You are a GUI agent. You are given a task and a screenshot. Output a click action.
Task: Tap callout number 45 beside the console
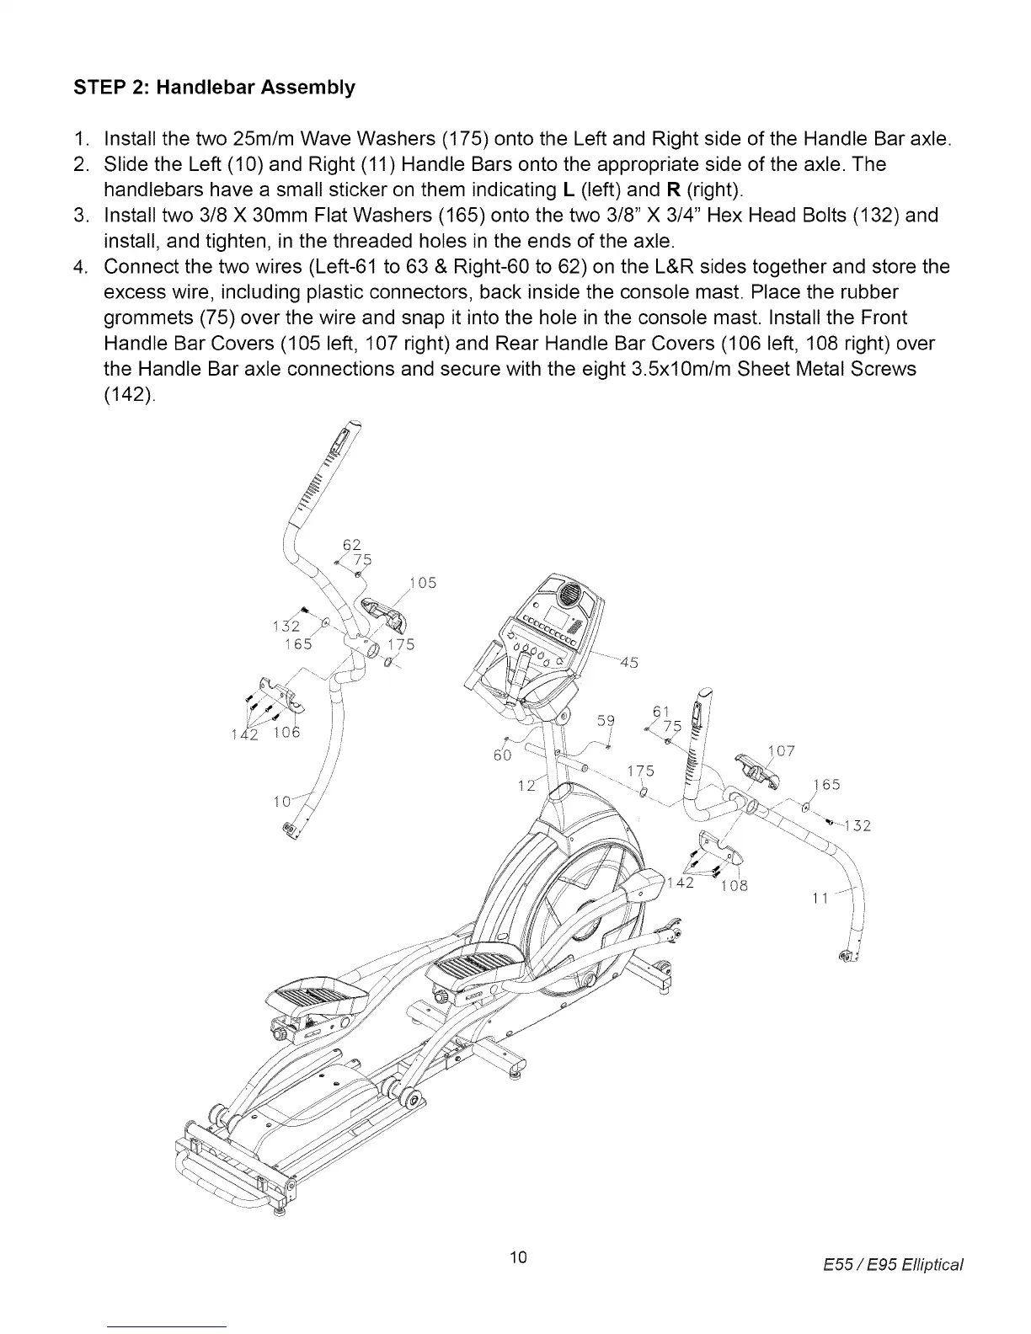[x=627, y=661]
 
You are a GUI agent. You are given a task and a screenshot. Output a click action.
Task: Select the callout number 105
[x=422, y=583]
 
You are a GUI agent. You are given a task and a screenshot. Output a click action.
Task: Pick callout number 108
[x=733, y=885]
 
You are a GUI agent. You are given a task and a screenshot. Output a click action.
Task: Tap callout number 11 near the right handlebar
[x=820, y=899]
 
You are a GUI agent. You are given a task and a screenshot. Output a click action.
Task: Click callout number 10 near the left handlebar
[x=283, y=802]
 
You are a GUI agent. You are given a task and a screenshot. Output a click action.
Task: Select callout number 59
[x=606, y=720]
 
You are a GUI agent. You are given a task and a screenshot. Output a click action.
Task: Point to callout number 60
[x=502, y=755]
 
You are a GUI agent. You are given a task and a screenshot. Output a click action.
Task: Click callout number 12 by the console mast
[x=526, y=785]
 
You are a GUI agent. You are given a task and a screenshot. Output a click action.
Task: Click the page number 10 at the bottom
[x=518, y=1257]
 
